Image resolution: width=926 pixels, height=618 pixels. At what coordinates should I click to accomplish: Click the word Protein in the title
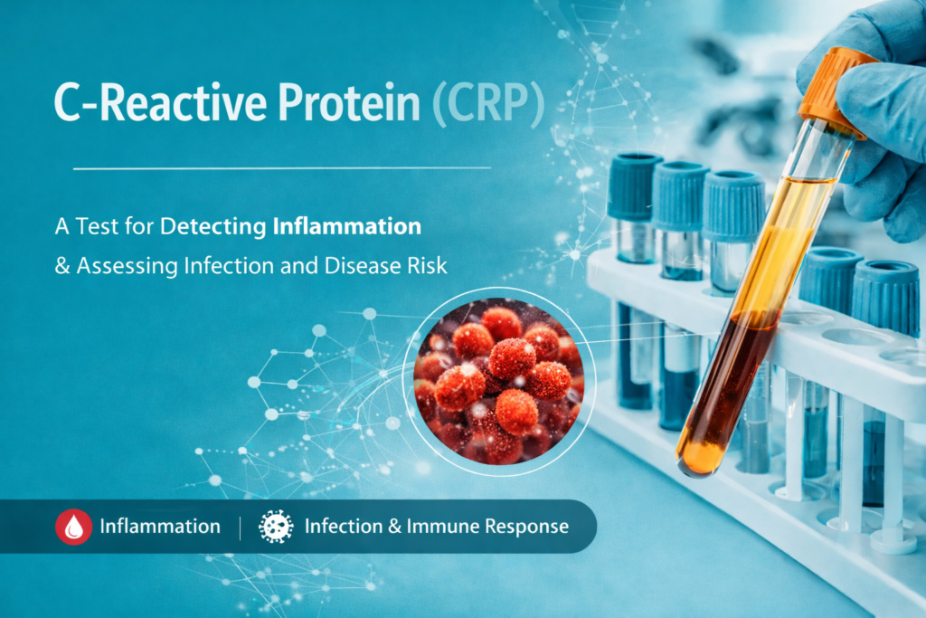[349, 103]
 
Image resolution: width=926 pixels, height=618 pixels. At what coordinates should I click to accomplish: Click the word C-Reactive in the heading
[160, 103]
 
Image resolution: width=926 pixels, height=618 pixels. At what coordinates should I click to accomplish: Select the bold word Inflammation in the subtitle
[347, 226]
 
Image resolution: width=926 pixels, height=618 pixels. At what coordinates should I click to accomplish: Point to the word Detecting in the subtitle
[213, 227]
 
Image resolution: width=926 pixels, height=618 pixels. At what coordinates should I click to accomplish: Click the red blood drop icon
[74, 527]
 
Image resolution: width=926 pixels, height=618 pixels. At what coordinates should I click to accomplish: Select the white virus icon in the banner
[276, 527]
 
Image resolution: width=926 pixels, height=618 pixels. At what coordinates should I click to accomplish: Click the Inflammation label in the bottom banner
[160, 527]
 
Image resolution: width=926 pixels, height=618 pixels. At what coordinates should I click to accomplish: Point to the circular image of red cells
[499, 381]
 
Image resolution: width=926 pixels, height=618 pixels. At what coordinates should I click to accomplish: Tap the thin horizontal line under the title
[282, 168]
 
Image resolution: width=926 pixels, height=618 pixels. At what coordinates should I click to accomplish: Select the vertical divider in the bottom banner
[241, 528]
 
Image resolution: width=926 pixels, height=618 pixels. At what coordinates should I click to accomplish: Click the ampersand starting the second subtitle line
[62, 266]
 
